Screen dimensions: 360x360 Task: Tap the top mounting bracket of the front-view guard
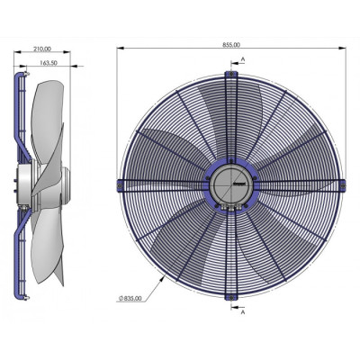point(232,75)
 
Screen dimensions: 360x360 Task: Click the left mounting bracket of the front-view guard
point(121,184)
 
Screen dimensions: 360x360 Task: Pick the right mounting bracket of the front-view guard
point(343,184)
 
